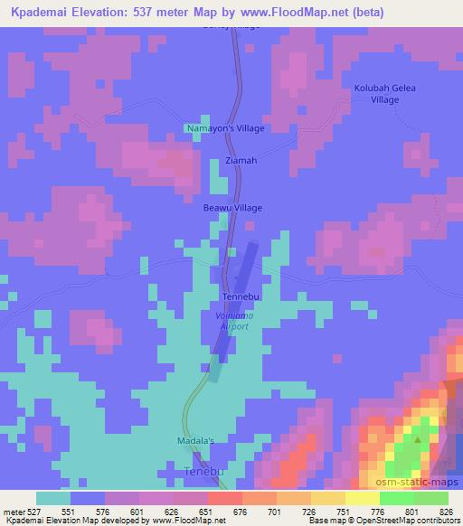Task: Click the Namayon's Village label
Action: point(225,128)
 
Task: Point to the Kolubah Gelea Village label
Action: point(378,94)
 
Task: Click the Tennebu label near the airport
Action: point(241,296)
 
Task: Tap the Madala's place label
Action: point(193,441)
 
